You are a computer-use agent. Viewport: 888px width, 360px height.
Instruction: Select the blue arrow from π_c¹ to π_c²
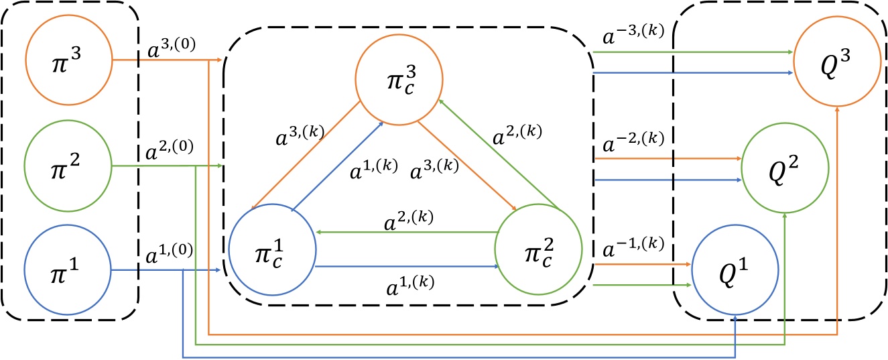click(405, 266)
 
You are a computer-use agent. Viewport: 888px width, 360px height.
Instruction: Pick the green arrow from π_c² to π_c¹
click(405, 232)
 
